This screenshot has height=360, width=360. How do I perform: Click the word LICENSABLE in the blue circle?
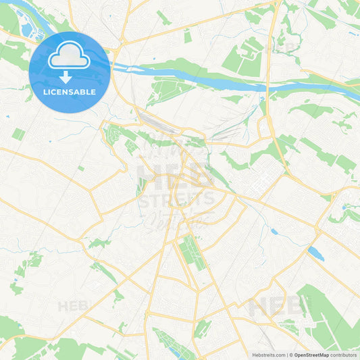tap(69, 92)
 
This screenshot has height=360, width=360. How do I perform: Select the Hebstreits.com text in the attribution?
tap(267, 355)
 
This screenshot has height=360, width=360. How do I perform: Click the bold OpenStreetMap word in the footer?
tap(311, 355)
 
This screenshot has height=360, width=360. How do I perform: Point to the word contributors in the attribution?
tap(344, 355)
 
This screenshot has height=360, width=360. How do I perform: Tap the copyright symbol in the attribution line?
tap(290, 355)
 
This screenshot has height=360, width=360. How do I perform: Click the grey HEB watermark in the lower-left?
tap(73, 306)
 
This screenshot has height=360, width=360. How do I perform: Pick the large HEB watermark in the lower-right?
tap(274, 307)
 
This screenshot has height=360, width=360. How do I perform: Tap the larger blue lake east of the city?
tap(315, 253)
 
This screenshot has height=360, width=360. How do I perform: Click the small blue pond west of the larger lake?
tap(274, 232)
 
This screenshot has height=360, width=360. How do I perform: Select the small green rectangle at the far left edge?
tap(18, 134)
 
